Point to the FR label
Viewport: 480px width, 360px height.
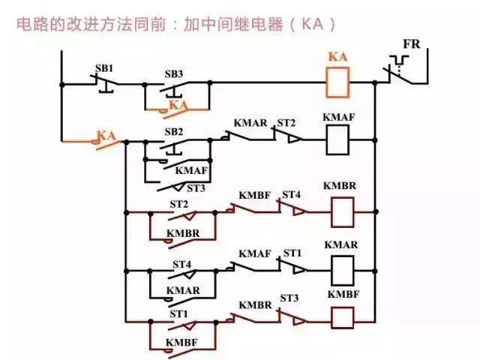click(412, 44)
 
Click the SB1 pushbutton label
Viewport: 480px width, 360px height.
click(104, 68)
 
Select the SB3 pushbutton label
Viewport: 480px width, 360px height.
click(173, 74)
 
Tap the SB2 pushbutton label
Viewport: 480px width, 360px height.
click(173, 132)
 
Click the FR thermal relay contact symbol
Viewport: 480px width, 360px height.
click(399, 70)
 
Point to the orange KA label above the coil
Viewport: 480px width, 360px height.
click(338, 57)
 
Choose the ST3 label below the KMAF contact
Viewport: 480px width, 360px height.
click(196, 188)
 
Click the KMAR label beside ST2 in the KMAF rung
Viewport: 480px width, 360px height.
click(250, 123)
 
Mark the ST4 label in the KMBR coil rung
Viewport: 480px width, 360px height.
click(291, 195)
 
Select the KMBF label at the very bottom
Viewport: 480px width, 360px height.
click(181, 343)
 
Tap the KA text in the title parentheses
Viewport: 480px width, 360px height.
click(313, 24)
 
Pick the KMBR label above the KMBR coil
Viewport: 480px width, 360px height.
click(340, 186)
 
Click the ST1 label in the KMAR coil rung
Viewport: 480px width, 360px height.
click(292, 253)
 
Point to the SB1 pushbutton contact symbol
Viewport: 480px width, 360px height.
click(105, 82)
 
